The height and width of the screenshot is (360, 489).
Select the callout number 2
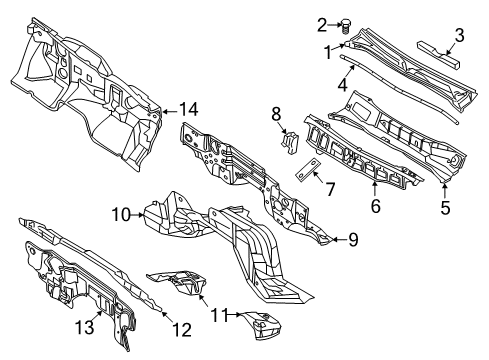coord(321,25)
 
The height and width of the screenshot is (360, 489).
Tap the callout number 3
coord(459,36)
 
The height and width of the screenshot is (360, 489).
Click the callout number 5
coord(445,208)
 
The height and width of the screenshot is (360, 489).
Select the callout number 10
coord(117,213)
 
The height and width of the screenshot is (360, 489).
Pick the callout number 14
coord(188,111)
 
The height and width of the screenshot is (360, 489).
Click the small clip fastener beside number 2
coord(346,27)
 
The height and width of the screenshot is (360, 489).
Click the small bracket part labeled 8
coord(292,143)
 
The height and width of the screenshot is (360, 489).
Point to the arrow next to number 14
coord(170,111)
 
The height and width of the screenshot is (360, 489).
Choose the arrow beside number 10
coord(136,213)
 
